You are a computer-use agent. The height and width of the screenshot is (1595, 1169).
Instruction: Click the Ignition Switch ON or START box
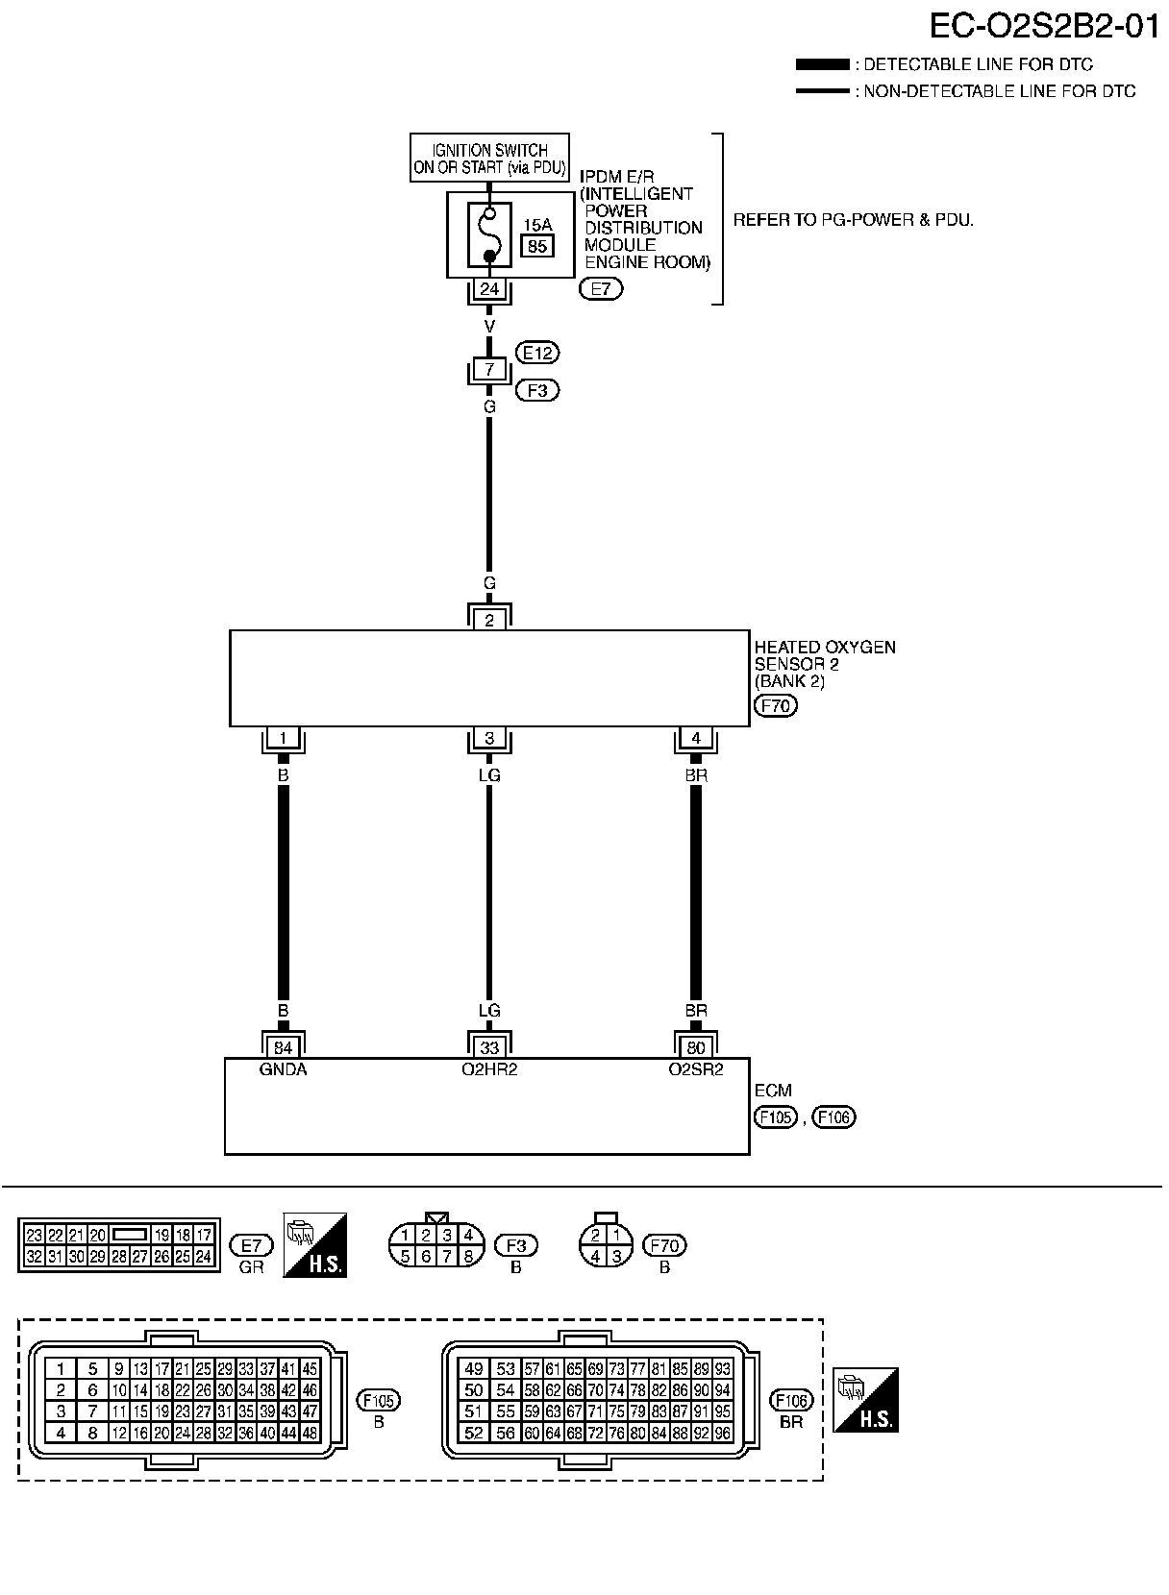pyautogui.click(x=489, y=159)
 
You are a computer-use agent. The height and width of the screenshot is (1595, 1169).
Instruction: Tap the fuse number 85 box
pyautogui.click(x=537, y=246)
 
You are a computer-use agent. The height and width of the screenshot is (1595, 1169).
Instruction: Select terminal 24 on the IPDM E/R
pyautogui.click(x=489, y=288)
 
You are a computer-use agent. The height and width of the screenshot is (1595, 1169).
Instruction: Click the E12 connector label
pyautogui.click(x=537, y=353)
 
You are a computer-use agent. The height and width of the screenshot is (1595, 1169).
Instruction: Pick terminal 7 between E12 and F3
pyautogui.click(x=489, y=370)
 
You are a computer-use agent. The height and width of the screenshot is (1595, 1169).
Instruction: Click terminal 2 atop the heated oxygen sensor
pyautogui.click(x=489, y=620)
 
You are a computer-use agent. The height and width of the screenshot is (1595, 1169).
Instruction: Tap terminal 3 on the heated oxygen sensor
pyautogui.click(x=489, y=738)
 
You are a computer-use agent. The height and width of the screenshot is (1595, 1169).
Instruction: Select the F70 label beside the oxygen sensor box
pyautogui.click(x=776, y=706)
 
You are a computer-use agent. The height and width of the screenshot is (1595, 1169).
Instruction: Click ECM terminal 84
pyautogui.click(x=283, y=1047)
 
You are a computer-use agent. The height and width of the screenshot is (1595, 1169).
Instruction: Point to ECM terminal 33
pyautogui.click(x=489, y=1047)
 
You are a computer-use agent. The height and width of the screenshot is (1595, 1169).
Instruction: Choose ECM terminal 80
pyautogui.click(x=696, y=1047)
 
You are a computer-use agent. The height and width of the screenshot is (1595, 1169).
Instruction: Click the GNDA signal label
pyautogui.click(x=283, y=1069)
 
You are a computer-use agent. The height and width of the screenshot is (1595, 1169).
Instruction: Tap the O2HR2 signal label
pyautogui.click(x=489, y=1069)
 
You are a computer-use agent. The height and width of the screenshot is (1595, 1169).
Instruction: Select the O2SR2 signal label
pyautogui.click(x=696, y=1069)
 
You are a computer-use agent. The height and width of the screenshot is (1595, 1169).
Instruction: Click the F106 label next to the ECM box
pyautogui.click(x=833, y=1116)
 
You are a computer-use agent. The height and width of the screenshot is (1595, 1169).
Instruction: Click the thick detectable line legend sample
pyautogui.click(x=823, y=65)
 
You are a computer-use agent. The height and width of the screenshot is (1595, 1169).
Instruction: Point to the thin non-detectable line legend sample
pyautogui.click(x=823, y=91)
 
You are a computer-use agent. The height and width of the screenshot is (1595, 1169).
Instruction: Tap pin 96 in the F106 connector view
pyautogui.click(x=723, y=1434)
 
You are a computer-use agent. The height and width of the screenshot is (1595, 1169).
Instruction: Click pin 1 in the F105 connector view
pyautogui.click(x=62, y=1369)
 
